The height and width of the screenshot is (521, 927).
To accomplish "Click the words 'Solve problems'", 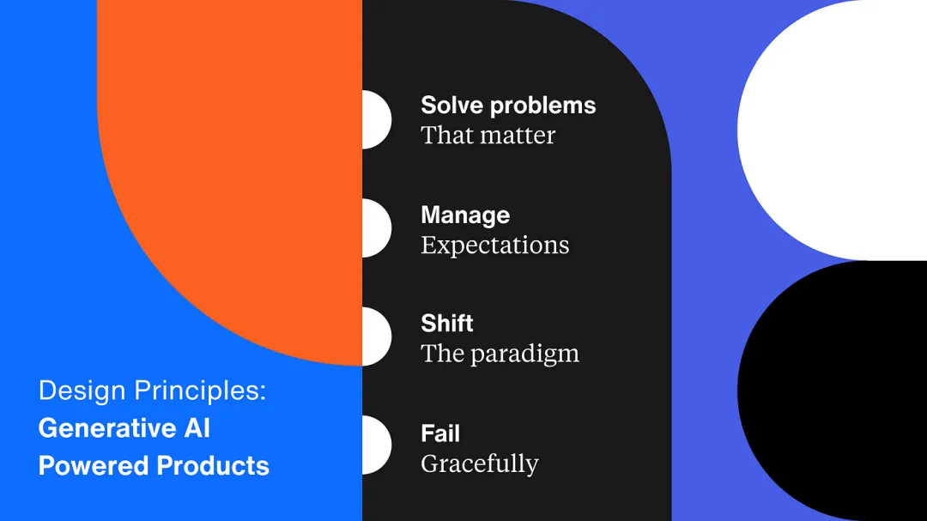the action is coord(508,106).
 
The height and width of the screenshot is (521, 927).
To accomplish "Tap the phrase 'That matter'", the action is coord(488,136).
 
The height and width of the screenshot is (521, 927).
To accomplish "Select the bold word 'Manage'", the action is coord(465,215).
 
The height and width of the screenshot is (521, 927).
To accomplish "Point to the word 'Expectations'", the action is coord(495,245).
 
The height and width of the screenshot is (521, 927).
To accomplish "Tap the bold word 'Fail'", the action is coord(440,433).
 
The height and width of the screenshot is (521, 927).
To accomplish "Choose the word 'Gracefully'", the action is coord(480,463).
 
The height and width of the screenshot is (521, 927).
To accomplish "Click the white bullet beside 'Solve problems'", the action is coord(376,119).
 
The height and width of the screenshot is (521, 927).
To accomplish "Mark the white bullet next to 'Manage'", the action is coord(376,228).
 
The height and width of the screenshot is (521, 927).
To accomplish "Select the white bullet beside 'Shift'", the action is coord(376,336).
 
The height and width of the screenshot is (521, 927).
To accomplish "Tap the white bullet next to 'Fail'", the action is coord(376,445).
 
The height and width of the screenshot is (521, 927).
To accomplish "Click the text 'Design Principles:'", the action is coord(153,391).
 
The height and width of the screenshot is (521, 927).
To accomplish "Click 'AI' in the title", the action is coord(197,428).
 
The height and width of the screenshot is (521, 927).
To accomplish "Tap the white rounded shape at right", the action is coord(833,130).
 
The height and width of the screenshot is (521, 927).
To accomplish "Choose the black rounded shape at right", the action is coord(833,391).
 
